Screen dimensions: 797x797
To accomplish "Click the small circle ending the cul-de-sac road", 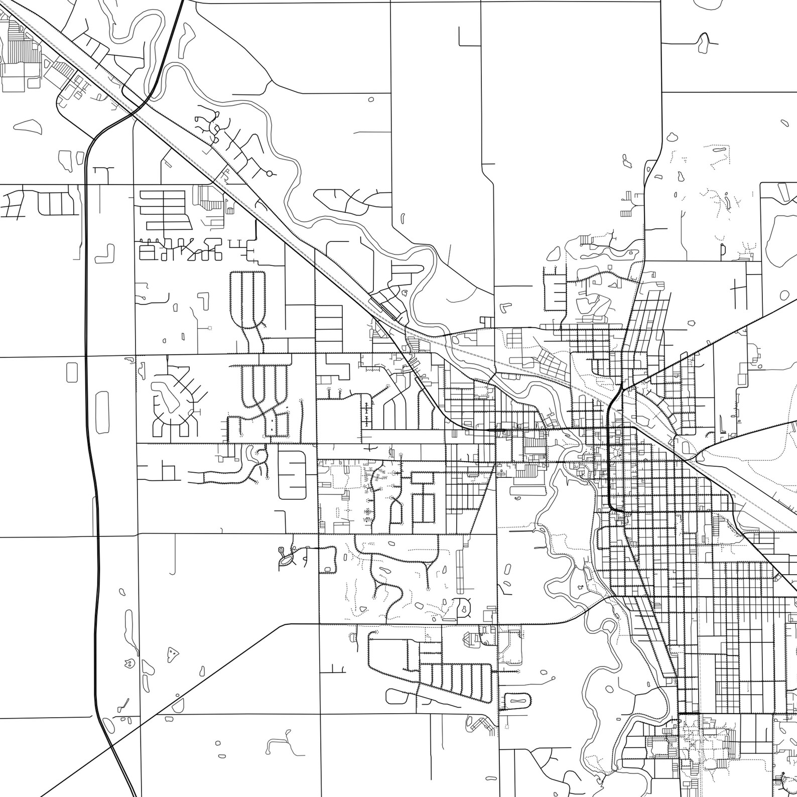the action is pos(270,174).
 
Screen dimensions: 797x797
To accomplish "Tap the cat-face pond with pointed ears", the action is pos(129,663).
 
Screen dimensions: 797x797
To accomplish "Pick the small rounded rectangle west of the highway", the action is pos(72,372).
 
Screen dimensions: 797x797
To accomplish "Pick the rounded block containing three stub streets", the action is pos(292,474).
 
